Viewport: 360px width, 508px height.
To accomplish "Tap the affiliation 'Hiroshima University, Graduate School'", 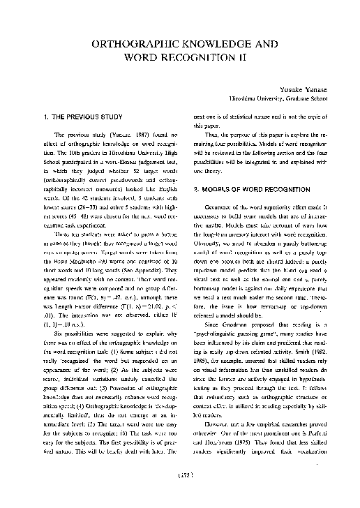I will pos(273,99).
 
